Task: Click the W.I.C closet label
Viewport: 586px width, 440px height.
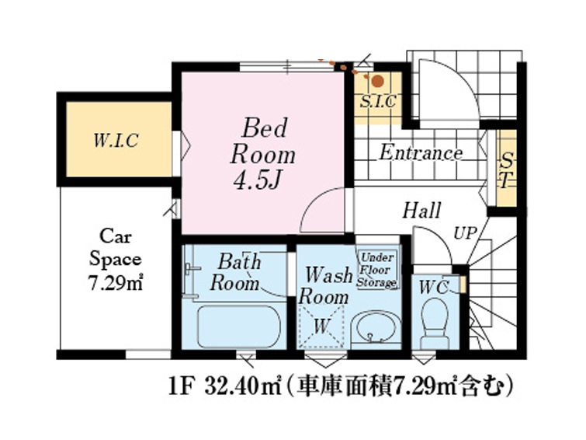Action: pyautogui.click(x=116, y=141)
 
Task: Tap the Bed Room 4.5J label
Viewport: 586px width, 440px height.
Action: pyautogui.click(x=262, y=153)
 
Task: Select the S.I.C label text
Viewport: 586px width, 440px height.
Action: pyautogui.click(x=378, y=101)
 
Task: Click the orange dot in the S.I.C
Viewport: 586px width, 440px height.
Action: pyautogui.click(x=378, y=82)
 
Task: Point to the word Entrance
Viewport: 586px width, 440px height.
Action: pyautogui.click(x=421, y=153)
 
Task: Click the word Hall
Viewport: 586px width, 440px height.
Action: pyautogui.click(x=421, y=211)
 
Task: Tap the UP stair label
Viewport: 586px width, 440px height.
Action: pyautogui.click(x=466, y=234)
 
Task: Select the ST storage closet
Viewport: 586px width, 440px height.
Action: pyautogui.click(x=506, y=168)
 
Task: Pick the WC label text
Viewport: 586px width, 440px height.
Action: pyautogui.click(x=434, y=288)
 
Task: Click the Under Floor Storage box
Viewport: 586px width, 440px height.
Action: pyautogui.click(x=376, y=270)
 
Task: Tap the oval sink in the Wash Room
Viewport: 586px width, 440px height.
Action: pyautogui.click(x=376, y=327)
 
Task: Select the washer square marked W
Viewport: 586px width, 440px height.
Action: pyautogui.click(x=321, y=327)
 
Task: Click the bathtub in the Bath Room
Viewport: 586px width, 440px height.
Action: pyautogui.click(x=238, y=327)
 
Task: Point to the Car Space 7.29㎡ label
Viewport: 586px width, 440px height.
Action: pyautogui.click(x=116, y=260)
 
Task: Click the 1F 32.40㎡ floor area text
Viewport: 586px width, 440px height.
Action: pyautogui.click(x=225, y=387)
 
